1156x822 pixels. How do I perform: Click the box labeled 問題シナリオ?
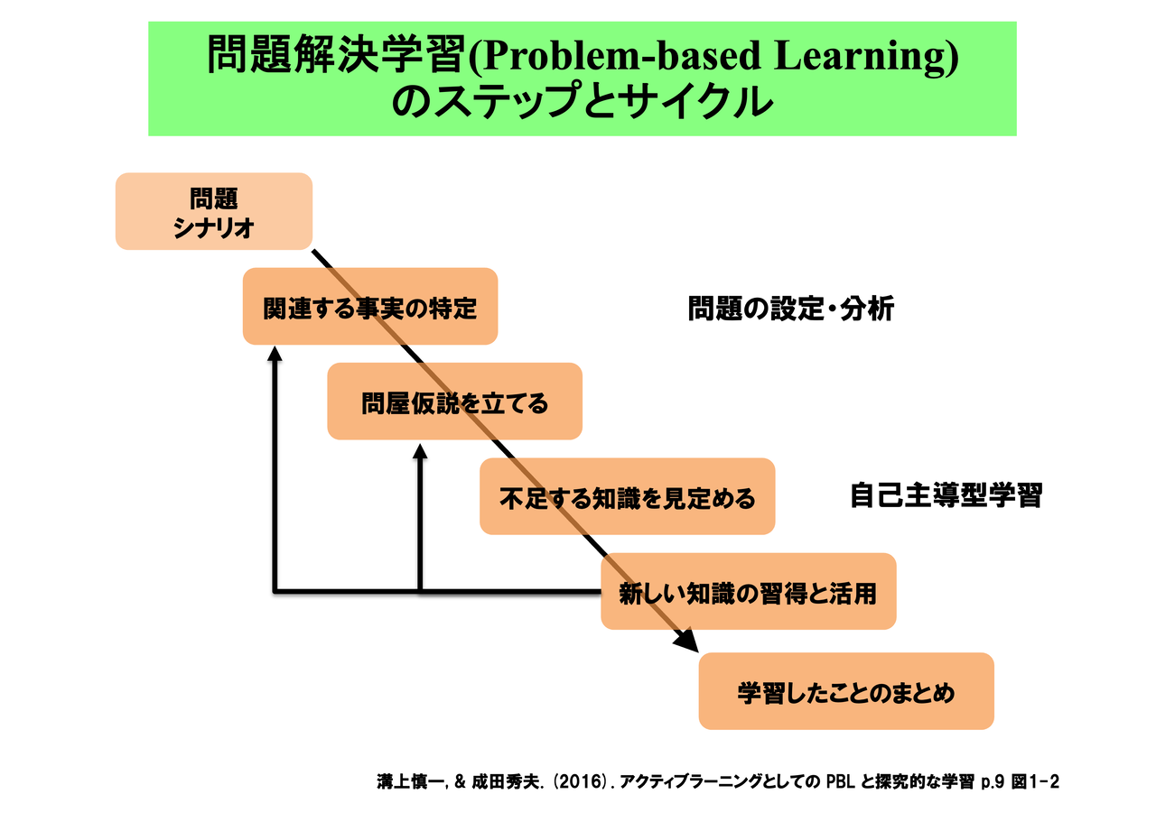(x=214, y=211)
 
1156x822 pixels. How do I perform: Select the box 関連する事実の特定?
(x=369, y=307)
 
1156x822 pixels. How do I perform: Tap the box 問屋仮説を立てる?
(x=454, y=402)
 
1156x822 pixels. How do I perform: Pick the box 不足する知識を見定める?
(x=627, y=496)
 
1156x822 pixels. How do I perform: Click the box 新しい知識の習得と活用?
(x=748, y=592)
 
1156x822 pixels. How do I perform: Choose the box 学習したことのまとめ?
(x=846, y=692)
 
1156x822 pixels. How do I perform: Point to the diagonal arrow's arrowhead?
(x=687, y=641)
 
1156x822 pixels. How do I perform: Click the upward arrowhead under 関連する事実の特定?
(x=275, y=355)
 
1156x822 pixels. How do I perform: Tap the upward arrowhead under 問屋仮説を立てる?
(x=420, y=449)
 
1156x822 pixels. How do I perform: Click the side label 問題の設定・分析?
(x=791, y=309)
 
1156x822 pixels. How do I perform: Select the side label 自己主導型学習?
(x=946, y=495)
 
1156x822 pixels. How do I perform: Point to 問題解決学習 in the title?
(x=332, y=57)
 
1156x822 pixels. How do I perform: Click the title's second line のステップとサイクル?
(x=583, y=102)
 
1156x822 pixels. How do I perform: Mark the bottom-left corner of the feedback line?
(x=275, y=592)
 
